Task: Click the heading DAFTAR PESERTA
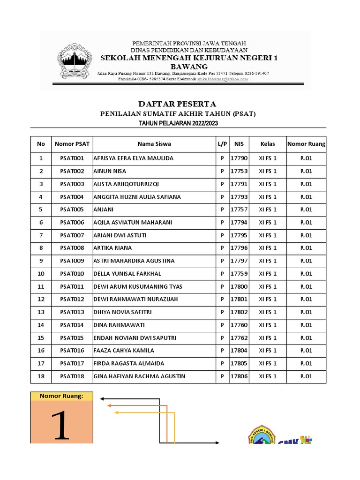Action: (x=177, y=104)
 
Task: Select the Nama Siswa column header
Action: (x=154, y=144)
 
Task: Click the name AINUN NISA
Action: (x=110, y=171)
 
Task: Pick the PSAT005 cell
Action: (x=72, y=210)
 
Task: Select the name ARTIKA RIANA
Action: (x=113, y=248)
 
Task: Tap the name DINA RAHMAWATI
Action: (x=119, y=325)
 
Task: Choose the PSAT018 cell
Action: (x=72, y=376)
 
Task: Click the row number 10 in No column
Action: (x=41, y=274)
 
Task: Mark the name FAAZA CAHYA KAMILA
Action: (x=124, y=350)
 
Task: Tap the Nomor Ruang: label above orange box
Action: (x=61, y=396)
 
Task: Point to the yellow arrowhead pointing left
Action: (x=117, y=412)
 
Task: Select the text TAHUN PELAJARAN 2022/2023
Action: (x=178, y=123)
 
